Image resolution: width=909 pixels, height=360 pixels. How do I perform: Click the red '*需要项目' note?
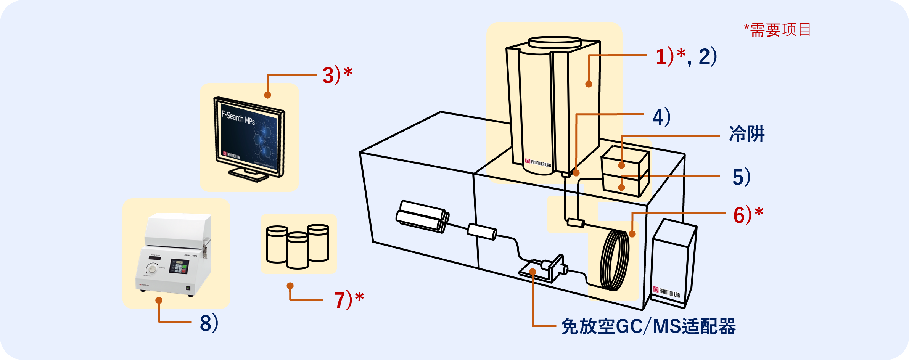(777, 30)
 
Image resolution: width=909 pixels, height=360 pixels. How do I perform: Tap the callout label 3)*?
(337, 75)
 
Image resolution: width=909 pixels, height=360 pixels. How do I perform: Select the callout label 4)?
(661, 117)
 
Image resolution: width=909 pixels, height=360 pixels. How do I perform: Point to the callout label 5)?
(741, 177)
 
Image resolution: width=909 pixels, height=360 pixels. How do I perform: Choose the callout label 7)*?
(349, 300)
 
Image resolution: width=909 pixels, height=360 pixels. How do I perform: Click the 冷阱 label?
(747, 134)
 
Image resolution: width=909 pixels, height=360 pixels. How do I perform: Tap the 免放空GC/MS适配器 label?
(648, 327)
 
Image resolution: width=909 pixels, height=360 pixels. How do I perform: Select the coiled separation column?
(614, 260)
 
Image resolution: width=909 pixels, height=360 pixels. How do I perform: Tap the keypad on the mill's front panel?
(179, 266)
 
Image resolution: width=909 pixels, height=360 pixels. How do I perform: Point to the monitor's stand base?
(248, 175)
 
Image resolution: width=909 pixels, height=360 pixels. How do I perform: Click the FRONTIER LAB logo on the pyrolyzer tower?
(538, 163)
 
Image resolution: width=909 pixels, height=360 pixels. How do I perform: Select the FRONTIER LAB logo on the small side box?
(666, 292)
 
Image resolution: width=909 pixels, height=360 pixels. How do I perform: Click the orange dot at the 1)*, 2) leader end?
(589, 84)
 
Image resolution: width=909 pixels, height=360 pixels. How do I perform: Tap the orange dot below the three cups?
(290, 286)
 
